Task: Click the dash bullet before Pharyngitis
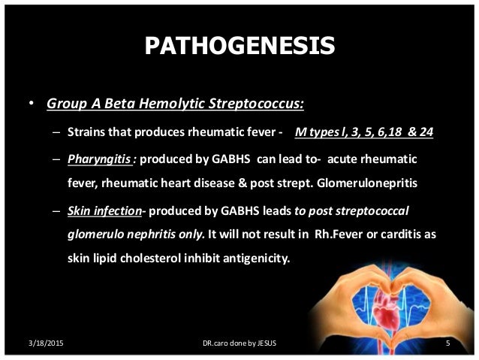56,159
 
